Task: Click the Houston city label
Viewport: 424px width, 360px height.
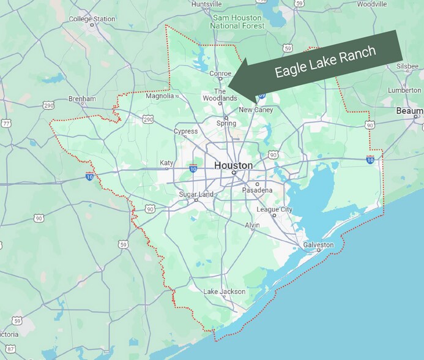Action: click(233, 165)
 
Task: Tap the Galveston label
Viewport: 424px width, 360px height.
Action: click(319, 245)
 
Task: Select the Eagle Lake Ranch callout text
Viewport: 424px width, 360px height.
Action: click(325, 62)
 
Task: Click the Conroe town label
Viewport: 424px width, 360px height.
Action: click(220, 73)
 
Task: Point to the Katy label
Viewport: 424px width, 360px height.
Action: click(166, 163)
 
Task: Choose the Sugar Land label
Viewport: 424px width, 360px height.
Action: click(196, 195)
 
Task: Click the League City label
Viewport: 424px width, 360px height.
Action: click(274, 209)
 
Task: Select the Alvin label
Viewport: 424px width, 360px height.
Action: click(252, 225)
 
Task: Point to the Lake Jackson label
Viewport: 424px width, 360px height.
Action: click(224, 291)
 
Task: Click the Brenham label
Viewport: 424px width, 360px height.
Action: click(82, 99)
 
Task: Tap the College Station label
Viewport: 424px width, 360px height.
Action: click(92, 19)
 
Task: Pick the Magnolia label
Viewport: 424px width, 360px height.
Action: click(160, 96)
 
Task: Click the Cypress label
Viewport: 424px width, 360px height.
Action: click(186, 131)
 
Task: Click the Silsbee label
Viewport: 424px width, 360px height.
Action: click(407, 66)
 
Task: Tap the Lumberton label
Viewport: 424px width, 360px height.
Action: click(404, 90)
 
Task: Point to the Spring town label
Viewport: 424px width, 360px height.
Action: click(226, 123)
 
